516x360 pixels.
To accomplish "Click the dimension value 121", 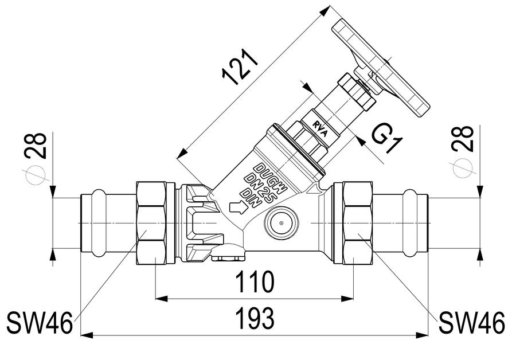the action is click(240, 67).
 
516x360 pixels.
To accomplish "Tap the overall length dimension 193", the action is click(255, 319).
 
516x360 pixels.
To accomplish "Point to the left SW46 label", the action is click(39, 323).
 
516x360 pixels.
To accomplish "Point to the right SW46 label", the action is click(472, 323).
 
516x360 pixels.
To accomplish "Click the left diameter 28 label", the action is click(36, 146).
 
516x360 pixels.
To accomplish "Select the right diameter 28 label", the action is click(463, 139).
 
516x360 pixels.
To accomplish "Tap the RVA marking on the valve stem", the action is click(320, 129).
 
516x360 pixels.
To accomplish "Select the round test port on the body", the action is click(282, 224).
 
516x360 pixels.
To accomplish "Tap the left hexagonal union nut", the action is click(151, 223).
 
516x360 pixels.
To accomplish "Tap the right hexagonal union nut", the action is click(357, 223).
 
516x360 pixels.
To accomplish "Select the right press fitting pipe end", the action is click(400, 223).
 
